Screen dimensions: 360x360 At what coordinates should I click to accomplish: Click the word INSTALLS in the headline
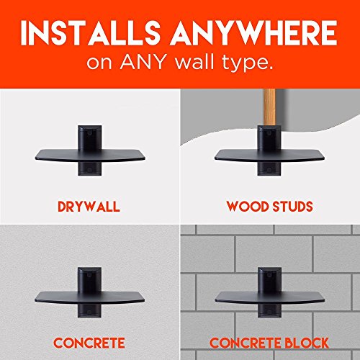(91, 32)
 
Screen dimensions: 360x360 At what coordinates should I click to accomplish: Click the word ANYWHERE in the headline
(253, 32)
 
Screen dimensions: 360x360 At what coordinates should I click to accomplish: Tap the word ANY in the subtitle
(143, 63)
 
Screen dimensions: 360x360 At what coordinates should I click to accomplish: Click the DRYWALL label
(89, 207)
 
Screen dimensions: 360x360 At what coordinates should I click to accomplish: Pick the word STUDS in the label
(293, 207)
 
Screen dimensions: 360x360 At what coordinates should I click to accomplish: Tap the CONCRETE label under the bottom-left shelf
(89, 343)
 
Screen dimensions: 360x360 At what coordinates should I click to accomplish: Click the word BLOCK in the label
(306, 343)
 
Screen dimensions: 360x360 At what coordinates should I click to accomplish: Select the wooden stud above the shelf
(269, 107)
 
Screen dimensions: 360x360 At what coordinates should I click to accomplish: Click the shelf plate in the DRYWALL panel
(90, 156)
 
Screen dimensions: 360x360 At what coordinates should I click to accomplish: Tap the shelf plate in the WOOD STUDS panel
(269, 156)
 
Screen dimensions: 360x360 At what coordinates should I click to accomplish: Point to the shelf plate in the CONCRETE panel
(89, 297)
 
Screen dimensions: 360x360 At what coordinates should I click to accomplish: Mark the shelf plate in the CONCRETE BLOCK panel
(270, 297)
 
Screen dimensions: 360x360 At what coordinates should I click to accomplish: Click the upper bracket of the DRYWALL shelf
(89, 138)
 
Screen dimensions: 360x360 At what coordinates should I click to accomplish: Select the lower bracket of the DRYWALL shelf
(89, 168)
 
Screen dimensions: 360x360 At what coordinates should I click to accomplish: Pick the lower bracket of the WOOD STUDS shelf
(269, 168)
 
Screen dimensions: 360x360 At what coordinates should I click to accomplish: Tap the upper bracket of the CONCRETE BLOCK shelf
(270, 279)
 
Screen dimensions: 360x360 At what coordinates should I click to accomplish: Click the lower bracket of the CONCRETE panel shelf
(89, 310)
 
